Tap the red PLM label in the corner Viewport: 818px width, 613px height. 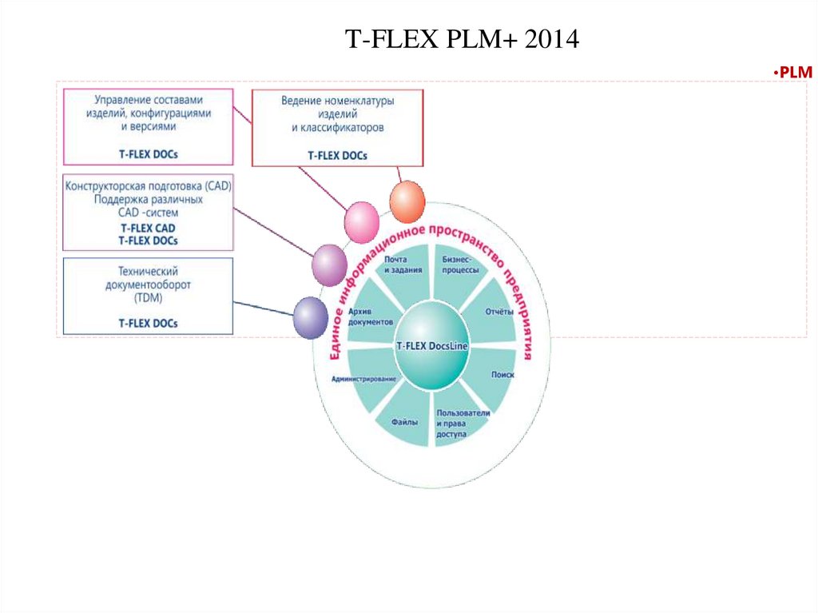794,73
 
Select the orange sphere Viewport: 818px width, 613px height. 407,201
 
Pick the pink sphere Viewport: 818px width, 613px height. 361,221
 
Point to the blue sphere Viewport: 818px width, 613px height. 310,317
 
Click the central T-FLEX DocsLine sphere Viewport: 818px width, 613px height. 432,346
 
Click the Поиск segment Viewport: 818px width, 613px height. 502,374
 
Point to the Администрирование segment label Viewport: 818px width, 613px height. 363,378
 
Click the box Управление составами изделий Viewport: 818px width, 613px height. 148,126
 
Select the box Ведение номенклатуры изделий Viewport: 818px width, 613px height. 338,128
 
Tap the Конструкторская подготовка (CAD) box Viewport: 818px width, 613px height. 148,212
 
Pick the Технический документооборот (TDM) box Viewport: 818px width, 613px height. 148,295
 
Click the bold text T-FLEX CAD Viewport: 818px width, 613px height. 148,228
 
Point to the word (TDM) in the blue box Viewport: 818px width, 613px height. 148,298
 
